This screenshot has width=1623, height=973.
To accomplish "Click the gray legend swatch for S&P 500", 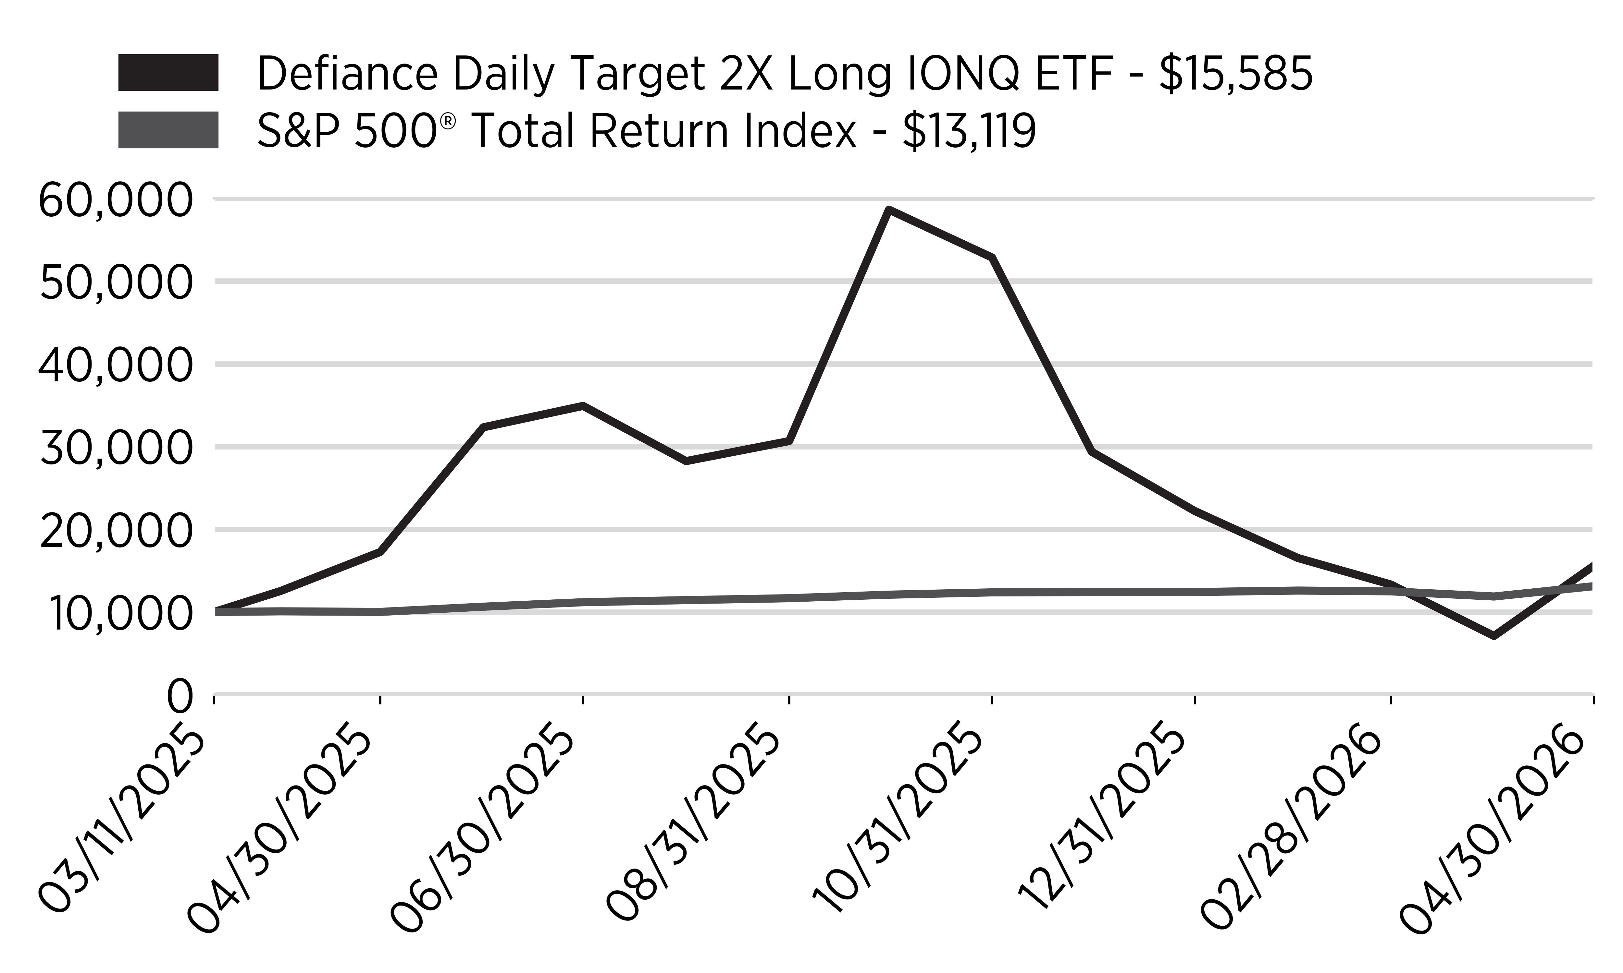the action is [x=168, y=130].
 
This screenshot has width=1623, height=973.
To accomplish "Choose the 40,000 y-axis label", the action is [x=116, y=366].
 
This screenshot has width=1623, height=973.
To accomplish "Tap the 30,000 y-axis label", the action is [x=116, y=449].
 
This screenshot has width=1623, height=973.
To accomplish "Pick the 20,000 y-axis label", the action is [x=116, y=531].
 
